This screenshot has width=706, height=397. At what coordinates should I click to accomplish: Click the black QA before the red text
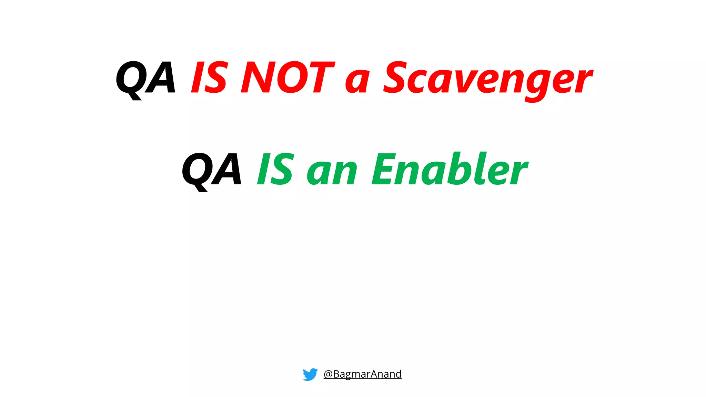145,78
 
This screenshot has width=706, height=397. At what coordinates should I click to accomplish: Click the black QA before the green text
211,170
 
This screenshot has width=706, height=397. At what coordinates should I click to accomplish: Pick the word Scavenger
488,79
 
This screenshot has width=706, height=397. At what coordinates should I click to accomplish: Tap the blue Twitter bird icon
310,374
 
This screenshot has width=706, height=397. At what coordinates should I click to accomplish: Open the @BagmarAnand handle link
363,374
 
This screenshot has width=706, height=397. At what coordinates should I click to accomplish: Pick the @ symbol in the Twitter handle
328,374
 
